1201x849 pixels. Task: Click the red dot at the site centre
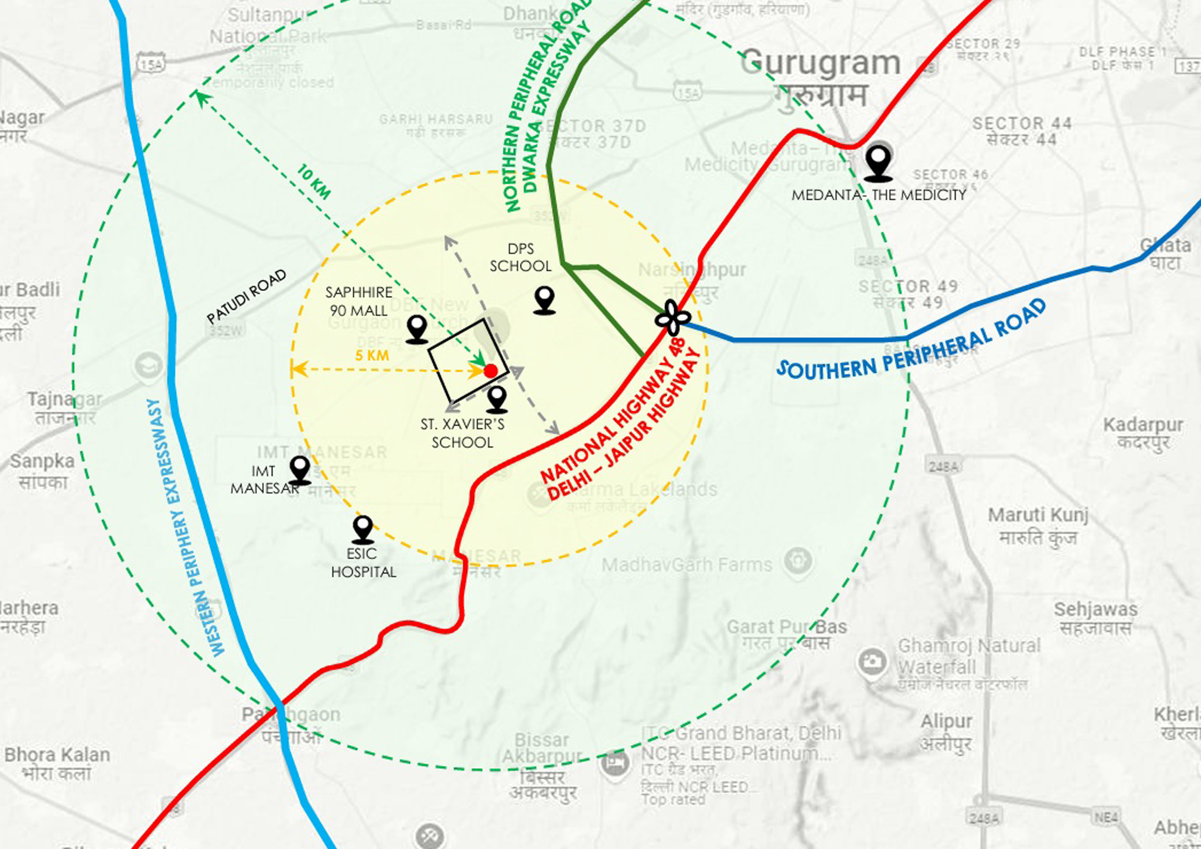pyautogui.click(x=490, y=371)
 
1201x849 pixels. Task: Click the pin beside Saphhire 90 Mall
pyautogui.click(x=417, y=329)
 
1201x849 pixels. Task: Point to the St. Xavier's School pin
pyautogui.click(x=496, y=399)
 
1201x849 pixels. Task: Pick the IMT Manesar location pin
pyautogui.click(x=300, y=469)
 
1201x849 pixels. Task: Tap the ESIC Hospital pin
pyautogui.click(x=363, y=529)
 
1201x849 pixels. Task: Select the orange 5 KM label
pyautogui.click(x=372, y=356)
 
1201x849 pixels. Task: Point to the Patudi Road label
pyautogui.click(x=247, y=297)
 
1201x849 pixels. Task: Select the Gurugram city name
pyautogui.click(x=820, y=63)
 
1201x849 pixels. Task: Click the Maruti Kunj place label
pyautogui.click(x=1038, y=515)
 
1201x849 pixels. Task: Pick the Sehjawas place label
pyautogui.click(x=1095, y=609)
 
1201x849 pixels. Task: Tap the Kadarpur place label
pyautogui.click(x=1143, y=425)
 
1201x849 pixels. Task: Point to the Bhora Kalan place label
pyautogui.click(x=57, y=755)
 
